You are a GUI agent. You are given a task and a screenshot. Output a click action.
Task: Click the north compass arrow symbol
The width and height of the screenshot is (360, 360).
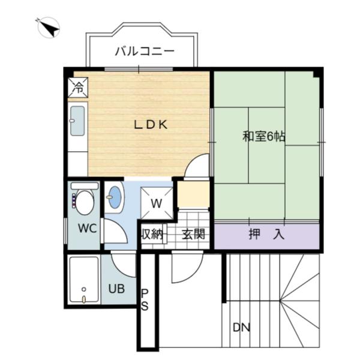click(x=48, y=28)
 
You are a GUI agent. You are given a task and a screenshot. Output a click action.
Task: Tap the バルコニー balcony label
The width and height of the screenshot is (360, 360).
click(x=145, y=51)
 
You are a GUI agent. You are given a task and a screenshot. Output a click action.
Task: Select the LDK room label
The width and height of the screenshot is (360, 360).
click(x=149, y=125)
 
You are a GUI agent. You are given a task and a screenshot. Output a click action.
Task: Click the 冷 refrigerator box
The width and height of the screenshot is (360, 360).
click(x=79, y=87)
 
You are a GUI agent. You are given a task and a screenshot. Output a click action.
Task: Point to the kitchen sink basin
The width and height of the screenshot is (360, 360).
click(x=77, y=121)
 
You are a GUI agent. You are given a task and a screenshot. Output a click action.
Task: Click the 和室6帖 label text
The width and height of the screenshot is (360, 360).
click(x=263, y=137)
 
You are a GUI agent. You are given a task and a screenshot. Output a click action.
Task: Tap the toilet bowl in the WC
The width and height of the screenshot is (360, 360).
click(x=84, y=202)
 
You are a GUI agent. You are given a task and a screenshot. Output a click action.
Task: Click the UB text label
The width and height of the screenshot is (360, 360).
click(x=116, y=288)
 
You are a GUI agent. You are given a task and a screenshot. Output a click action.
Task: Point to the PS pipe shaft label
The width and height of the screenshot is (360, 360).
click(x=145, y=298)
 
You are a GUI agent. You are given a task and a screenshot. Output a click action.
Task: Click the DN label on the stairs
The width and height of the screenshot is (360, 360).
click(x=241, y=328)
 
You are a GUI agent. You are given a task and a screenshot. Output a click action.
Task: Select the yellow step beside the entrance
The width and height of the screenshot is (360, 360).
click(x=193, y=194)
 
